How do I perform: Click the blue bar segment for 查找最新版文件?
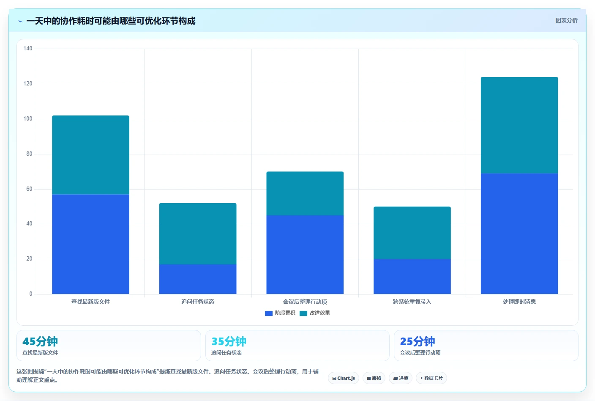click(90, 244)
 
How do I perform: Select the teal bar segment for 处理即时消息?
click(519, 125)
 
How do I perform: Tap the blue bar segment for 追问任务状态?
click(198, 279)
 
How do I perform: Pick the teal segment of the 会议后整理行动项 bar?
click(305, 193)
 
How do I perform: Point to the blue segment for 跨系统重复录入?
click(412, 277)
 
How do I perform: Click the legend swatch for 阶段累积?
click(268, 313)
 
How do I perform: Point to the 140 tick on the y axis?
click(27, 48)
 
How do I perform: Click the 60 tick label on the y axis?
click(29, 189)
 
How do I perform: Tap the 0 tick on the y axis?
click(31, 294)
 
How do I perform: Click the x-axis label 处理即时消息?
click(519, 302)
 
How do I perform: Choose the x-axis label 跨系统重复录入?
click(412, 302)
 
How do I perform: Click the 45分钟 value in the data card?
click(40, 341)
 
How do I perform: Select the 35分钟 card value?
click(229, 341)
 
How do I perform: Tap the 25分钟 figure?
click(417, 341)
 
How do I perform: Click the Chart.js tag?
click(344, 378)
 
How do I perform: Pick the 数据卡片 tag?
click(431, 378)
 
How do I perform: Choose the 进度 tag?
click(401, 378)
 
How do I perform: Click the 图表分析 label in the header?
click(566, 20)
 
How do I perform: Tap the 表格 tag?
click(374, 378)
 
